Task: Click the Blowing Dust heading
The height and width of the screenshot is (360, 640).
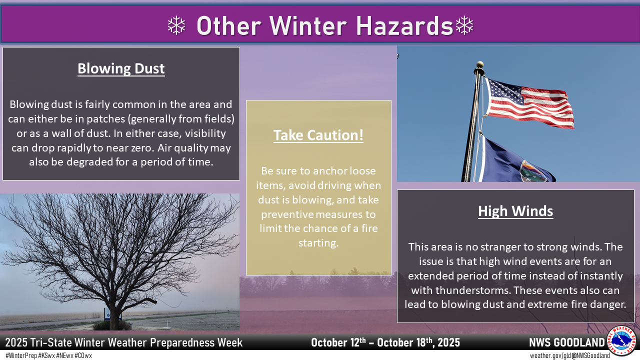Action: pyautogui.click(x=121, y=69)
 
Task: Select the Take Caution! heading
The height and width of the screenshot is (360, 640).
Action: pyautogui.click(x=318, y=135)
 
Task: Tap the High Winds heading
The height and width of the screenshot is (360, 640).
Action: pyautogui.click(x=515, y=211)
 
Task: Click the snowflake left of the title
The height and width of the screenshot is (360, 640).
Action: pyautogui.click(x=176, y=25)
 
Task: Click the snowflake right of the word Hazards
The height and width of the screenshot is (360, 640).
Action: pyautogui.click(x=464, y=25)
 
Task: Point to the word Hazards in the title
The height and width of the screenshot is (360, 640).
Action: pyautogui.click(x=404, y=26)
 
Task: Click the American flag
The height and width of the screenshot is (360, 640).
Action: pyautogui.click(x=528, y=103)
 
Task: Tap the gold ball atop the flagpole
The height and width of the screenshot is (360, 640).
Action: pyautogui.click(x=480, y=64)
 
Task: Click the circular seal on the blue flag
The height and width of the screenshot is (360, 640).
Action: pyautogui.click(x=533, y=171)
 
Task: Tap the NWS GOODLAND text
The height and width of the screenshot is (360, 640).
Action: pyautogui.click(x=567, y=342)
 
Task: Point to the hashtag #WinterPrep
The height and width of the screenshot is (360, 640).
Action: pyautogui.click(x=21, y=355)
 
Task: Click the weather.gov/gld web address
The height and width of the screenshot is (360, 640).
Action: pyautogui.click(x=546, y=355)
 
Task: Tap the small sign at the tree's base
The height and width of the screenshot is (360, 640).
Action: pyautogui.click(x=108, y=315)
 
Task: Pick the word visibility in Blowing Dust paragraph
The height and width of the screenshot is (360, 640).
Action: pyautogui.click(x=205, y=133)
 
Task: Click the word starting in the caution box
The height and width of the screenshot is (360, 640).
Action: pyautogui.click(x=318, y=243)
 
